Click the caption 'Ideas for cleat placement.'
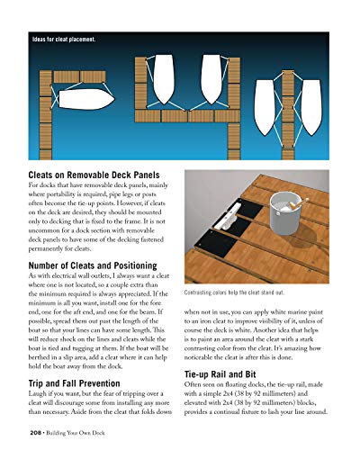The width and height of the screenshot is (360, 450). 64,40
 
